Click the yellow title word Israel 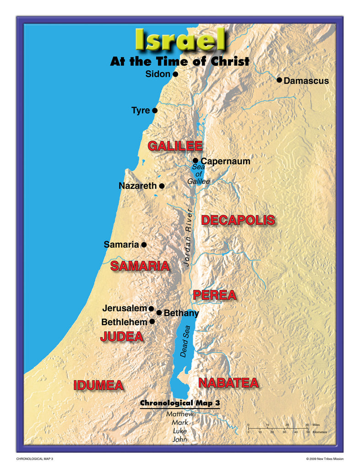pos(180,40)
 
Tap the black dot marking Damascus pos(279,80)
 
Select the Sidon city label pos(158,74)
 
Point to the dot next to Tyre pos(155,110)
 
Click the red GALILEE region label pos(175,146)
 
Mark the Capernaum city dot pos(196,160)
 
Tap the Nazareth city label pos(138,186)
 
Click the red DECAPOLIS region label pos(238,220)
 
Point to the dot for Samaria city pos(144,245)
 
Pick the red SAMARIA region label pos(140,266)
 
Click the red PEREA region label pos(214,295)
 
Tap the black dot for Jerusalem pos(151,309)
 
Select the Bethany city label pos(181,313)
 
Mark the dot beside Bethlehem pos(152,322)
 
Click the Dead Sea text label pos(185,342)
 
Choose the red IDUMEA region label pos(98,385)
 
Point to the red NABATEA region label pos(228,383)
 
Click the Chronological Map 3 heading pos(180,403)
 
